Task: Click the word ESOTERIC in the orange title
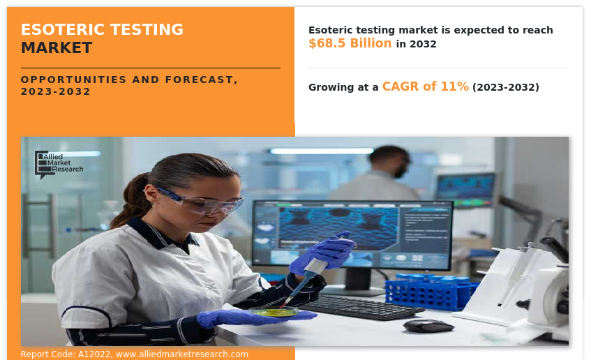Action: tap(62, 29)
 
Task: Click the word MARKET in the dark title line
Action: tap(57, 48)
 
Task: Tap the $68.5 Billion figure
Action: tap(350, 43)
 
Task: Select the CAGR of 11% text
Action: tap(426, 87)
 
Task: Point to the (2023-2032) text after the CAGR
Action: tap(506, 87)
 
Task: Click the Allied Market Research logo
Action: tap(59, 165)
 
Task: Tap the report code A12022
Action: tap(94, 354)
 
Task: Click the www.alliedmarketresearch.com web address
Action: tap(182, 354)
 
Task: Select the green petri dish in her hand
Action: tap(274, 311)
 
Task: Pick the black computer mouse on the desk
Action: tap(428, 326)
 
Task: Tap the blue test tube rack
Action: tap(430, 293)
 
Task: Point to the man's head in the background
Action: tap(390, 160)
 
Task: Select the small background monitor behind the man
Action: tap(467, 190)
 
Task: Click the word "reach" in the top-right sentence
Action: tap(538, 30)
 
